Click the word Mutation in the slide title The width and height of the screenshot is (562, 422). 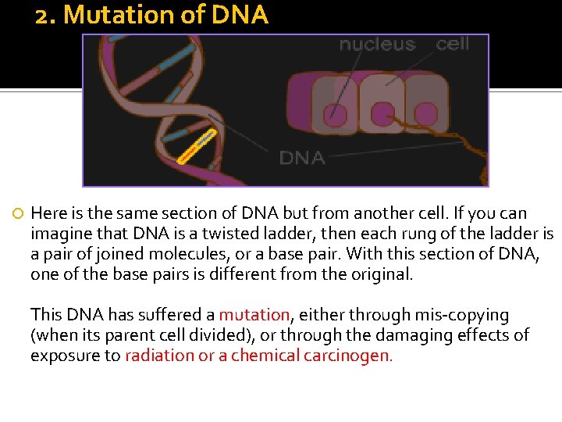tap(111, 16)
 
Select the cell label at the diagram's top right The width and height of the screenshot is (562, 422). tap(453, 44)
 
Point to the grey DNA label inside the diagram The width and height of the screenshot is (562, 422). tap(301, 158)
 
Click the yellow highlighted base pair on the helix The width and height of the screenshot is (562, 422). tap(196, 147)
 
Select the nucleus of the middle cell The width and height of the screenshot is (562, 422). tap(382, 115)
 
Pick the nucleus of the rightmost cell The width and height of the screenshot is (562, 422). tap(425, 115)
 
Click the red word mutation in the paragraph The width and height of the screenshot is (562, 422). tap(254, 315)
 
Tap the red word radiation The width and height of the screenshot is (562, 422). tap(158, 356)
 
